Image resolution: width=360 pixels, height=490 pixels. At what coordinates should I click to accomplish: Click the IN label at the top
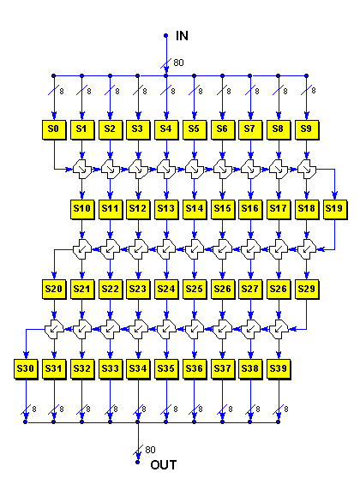click(182, 36)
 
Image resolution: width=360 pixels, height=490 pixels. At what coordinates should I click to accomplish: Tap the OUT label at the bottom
click(164, 464)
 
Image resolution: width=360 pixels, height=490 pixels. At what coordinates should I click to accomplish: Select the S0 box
click(54, 129)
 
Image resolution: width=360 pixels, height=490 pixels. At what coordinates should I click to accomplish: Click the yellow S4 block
click(166, 129)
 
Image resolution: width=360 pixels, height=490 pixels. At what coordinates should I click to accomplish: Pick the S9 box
click(307, 129)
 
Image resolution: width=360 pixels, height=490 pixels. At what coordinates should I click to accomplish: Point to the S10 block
click(82, 209)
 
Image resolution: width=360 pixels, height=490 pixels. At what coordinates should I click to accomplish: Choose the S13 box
click(166, 209)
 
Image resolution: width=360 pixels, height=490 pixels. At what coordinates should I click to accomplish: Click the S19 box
click(335, 209)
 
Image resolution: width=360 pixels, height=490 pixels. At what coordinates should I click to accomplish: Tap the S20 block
click(54, 289)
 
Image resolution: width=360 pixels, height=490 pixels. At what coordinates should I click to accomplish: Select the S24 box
click(166, 289)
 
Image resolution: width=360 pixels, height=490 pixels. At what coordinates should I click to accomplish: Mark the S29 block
click(307, 289)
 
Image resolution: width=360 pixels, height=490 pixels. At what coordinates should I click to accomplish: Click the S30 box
click(26, 369)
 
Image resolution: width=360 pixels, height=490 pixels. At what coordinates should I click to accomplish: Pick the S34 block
click(138, 369)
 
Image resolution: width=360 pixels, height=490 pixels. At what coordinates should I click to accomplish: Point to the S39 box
click(279, 369)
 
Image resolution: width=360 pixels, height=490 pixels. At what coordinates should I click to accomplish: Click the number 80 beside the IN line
click(178, 63)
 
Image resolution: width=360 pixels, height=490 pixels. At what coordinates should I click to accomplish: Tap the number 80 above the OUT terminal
click(151, 450)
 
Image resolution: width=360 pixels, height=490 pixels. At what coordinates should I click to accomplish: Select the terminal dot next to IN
click(166, 36)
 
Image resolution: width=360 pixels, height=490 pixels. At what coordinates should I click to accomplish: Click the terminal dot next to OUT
click(138, 462)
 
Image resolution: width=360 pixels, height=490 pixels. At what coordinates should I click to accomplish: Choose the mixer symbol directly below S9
click(307, 170)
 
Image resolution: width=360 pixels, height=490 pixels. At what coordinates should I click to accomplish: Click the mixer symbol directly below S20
click(54, 329)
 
